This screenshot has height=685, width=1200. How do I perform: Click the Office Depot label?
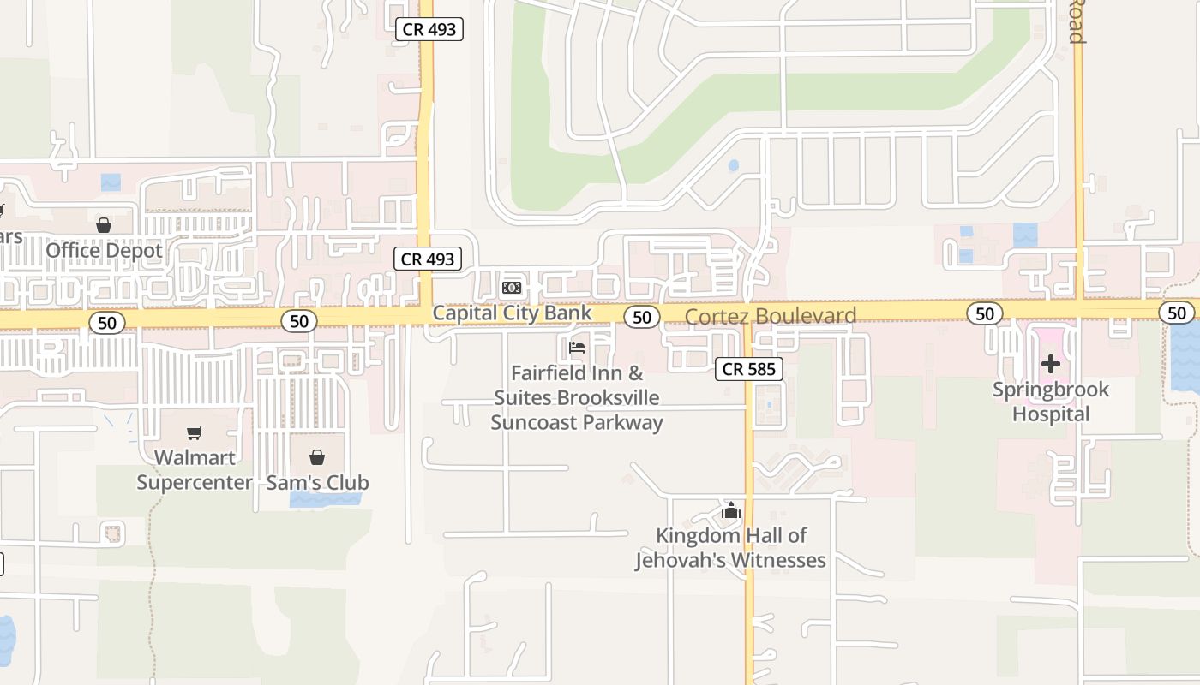tap(104, 251)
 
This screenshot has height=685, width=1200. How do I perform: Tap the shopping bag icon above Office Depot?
tap(104, 225)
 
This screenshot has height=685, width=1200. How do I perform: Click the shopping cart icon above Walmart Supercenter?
tap(195, 432)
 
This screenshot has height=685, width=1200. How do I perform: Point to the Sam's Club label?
tap(317, 483)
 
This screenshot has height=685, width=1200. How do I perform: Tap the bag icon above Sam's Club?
tap(317, 456)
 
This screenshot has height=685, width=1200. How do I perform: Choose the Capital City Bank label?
tap(512, 313)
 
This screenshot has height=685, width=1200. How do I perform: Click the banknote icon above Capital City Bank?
tap(512, 288)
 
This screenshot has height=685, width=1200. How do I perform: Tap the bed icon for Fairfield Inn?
tap(577, 348)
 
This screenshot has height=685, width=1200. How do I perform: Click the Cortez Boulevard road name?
tap(771, 316)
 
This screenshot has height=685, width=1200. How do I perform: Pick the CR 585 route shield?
tap(749, 369)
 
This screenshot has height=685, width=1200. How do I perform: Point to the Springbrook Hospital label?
tap(1051, 402)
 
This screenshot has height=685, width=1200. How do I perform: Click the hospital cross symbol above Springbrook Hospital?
tap(1051, 365)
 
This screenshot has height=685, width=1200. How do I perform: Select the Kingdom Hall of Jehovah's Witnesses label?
tap(730, 548)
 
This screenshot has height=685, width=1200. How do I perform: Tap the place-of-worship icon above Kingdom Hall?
tap(730, 511)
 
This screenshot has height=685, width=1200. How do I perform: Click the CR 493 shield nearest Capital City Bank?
tap(428, 259)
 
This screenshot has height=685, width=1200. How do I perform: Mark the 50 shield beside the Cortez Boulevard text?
tap(642, 317)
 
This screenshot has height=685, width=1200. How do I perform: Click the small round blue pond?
tap(733, 165)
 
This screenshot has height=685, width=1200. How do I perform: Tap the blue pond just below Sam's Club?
tap(319, 500)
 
